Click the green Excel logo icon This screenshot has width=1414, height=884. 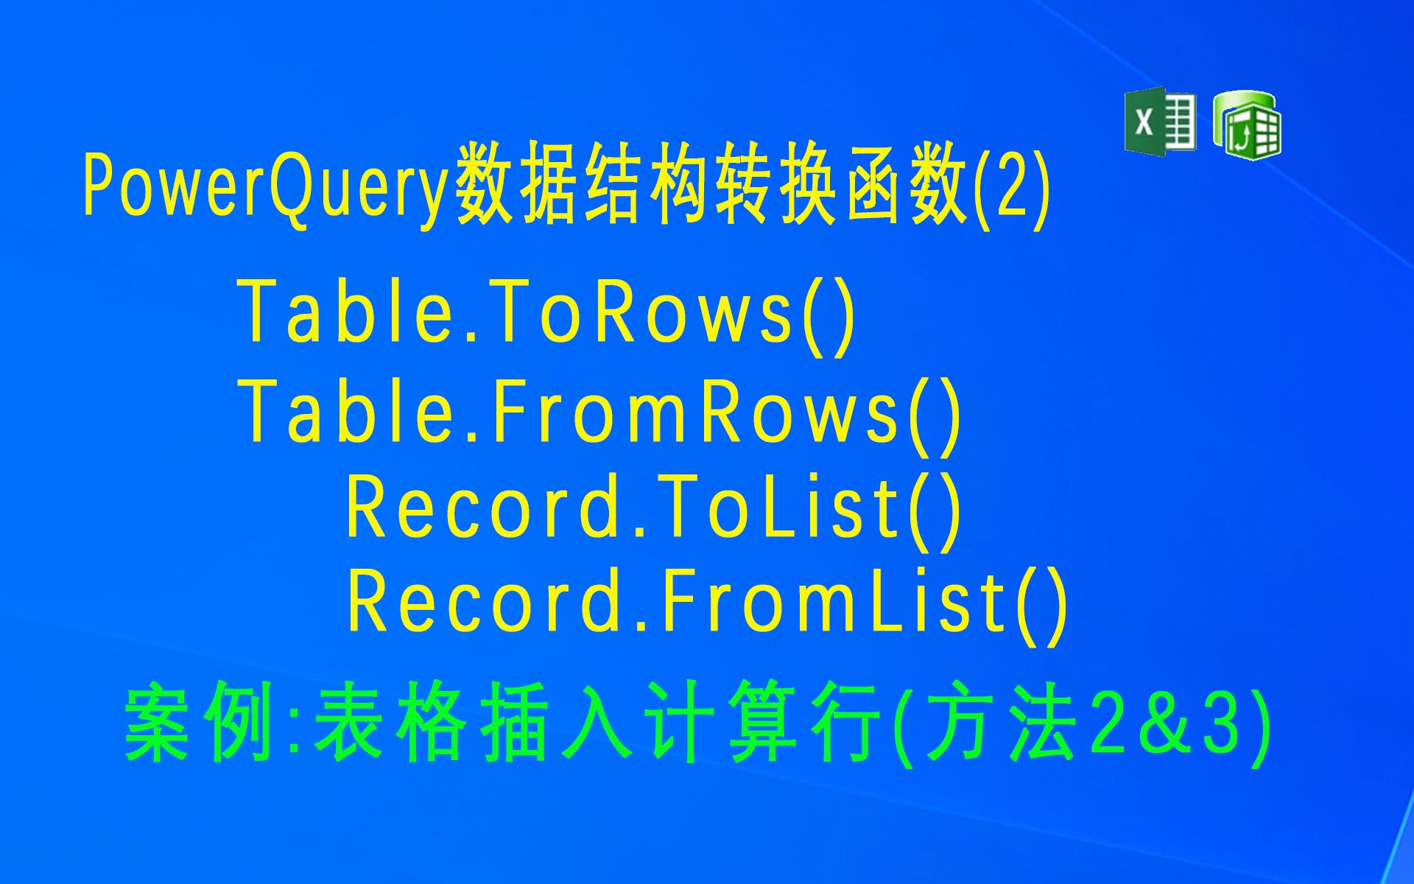point(1159,122)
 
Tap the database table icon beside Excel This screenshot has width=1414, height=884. point(1248,125)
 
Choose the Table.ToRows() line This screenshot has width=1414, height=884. point(546,313)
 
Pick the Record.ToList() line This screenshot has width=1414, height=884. point(654,508)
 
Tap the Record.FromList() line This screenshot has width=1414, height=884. point(707,604)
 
